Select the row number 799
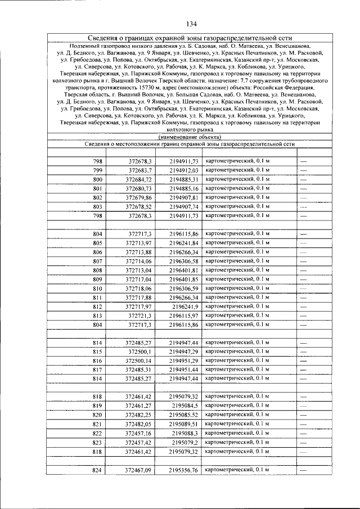[98, 170]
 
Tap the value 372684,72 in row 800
[139, 179]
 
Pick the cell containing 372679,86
[139, 197]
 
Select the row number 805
[98, 243]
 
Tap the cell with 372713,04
[139, 270]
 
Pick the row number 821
[98, 424]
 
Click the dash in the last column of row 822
[304, 433]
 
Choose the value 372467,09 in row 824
[139, 470]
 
